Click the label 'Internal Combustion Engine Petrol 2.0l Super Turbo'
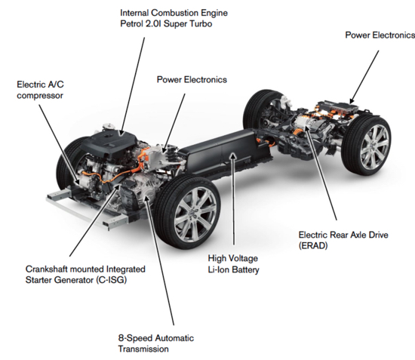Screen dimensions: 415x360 click(174, 18)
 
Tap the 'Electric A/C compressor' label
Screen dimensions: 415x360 click(40, 90)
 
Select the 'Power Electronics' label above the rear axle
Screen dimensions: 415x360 click(380, 35)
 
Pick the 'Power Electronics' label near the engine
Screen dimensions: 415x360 click(192, 80)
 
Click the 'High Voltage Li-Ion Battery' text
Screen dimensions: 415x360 click(233, 264)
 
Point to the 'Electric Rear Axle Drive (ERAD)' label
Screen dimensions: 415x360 click(343, 240)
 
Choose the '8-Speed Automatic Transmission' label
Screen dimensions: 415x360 click(156, 343)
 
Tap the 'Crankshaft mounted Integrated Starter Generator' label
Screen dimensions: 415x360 click(85, 275)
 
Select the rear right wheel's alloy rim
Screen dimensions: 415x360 click(375, 146)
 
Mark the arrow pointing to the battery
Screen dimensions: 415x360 click(233, 198)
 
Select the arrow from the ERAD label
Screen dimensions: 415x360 click(320, 171)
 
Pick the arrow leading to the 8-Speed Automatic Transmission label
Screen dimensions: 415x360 click(159, 260)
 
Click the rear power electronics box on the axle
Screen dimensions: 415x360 click(340, 108)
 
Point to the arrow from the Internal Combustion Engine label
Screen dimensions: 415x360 click(132, 87)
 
